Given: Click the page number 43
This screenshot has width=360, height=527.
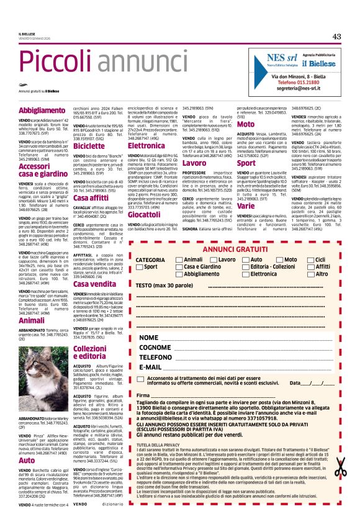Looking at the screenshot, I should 336,37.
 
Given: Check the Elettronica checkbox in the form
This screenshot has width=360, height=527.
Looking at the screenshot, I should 245,274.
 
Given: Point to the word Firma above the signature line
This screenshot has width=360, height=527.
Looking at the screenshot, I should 143,395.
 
